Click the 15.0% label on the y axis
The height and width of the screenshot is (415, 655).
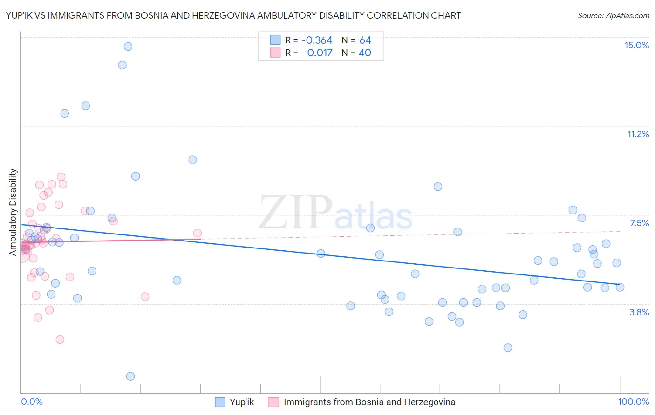pyautogui.click(x=636, y=45)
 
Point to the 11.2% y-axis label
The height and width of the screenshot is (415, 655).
pyautogui.click(x=638, y=134)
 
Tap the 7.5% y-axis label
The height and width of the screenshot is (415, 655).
pyautogui.click(x=639, y=223)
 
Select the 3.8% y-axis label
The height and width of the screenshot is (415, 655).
pyautogui.click(x=639, y=312)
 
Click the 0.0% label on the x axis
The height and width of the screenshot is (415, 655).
pyautogui.click(x=32, y=402)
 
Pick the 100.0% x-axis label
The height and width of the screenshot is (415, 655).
pyautogui.click(x=633, y=402)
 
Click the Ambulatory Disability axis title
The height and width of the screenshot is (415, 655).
pyautogui.click(x=13, y=212)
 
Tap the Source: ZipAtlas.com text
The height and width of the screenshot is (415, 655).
pyautogui.click(x=613, y=15)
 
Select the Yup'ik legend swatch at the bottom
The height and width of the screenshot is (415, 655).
pyautogui.click(x=220, y=402)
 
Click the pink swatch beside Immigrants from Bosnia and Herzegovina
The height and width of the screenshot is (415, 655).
pyautogui.click(x=274, y=402)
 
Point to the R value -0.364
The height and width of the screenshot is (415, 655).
pyautogui.click(x=317, y=40)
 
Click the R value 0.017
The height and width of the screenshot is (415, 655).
pyautogui.click(x=320, y=53)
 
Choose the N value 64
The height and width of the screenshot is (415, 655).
pyautogui.click(x=365, y=40)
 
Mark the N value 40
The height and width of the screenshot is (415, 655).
pyautogui.click(x=365, y=53)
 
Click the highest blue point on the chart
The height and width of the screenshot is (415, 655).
pyautogui.click(x=128, y=47)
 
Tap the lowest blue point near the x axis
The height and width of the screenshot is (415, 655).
pyautogui.click(x=130, y=376)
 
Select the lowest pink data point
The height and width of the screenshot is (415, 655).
pyautogui.click(x=60, y=340)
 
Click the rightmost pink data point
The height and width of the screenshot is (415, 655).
pyautogui.click(x=198, y=233)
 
